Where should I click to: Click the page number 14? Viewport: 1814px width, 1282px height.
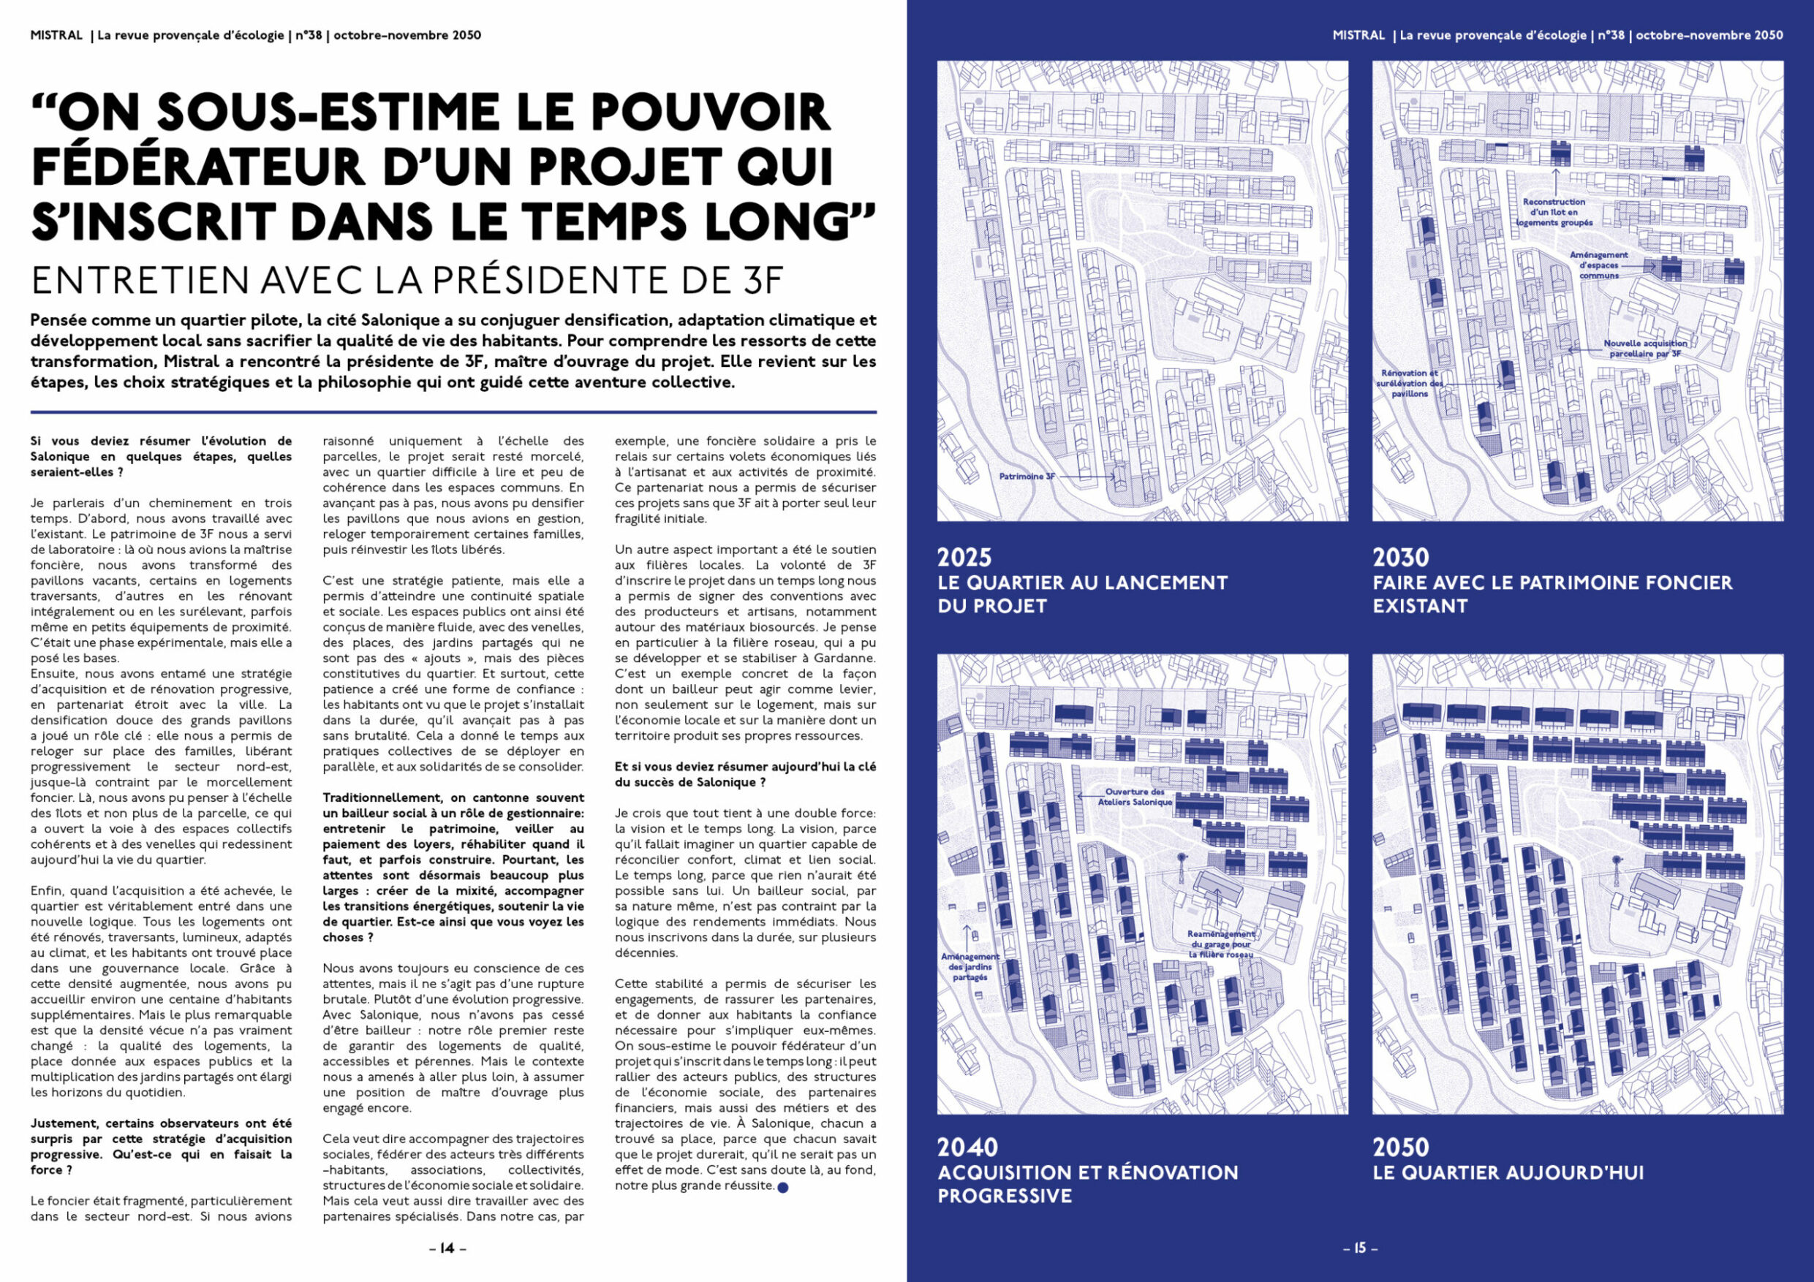tap(447, 1248)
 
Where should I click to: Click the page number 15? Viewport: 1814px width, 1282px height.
tap(1360, 1248)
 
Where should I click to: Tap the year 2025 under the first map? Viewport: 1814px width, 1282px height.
tap(964, 558)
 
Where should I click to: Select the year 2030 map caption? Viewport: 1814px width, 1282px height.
tap(1401, 558)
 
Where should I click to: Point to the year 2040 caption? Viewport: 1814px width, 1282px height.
tap(967, 1147)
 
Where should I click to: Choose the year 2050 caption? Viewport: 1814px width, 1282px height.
tap(1401, 1147)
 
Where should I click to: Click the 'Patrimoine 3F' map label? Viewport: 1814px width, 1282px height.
tap(1027, 477)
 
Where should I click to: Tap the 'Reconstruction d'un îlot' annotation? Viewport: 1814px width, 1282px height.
tap(1554, 213)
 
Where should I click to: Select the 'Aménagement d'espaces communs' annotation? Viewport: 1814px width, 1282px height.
tap(1598, 265)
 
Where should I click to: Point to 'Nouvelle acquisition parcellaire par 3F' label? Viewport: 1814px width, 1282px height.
tap(1645, 349)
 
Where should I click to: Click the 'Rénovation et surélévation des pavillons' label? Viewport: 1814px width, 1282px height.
tap(1410, 383)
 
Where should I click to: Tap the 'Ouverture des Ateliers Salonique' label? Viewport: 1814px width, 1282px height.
tap(1135, 797)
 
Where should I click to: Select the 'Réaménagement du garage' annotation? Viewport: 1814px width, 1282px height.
tap(1220, 944)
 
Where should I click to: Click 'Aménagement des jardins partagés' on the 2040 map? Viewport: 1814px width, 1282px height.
tap(970, 966)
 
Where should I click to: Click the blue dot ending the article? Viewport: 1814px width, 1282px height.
tap(783, 1187)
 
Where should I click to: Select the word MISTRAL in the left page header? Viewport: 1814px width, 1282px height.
tap(56, 36)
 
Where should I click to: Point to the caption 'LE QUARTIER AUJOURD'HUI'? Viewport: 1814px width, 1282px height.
tap(1508, 1173)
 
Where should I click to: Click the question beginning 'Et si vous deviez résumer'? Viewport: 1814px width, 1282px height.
tap(745, 774)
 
